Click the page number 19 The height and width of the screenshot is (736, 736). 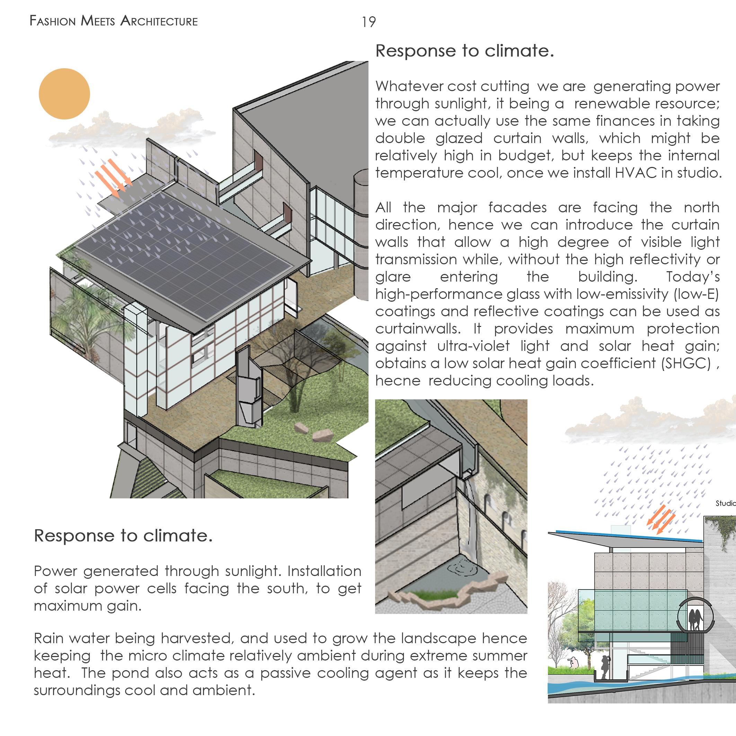click(x=369, y=22)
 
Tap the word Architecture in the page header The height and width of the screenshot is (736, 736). click(x=159, y=21)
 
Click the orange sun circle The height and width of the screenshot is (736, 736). click(x=64, y=94)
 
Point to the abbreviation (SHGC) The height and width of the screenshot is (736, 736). click(x=686, y=363)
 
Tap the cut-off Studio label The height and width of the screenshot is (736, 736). click(x=725, y=504)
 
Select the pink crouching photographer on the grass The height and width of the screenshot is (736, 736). click(x=571, y=663)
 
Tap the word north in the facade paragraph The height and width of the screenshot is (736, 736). click(x=701, y=207)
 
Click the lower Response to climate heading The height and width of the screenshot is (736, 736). click(x=123, y=535)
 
